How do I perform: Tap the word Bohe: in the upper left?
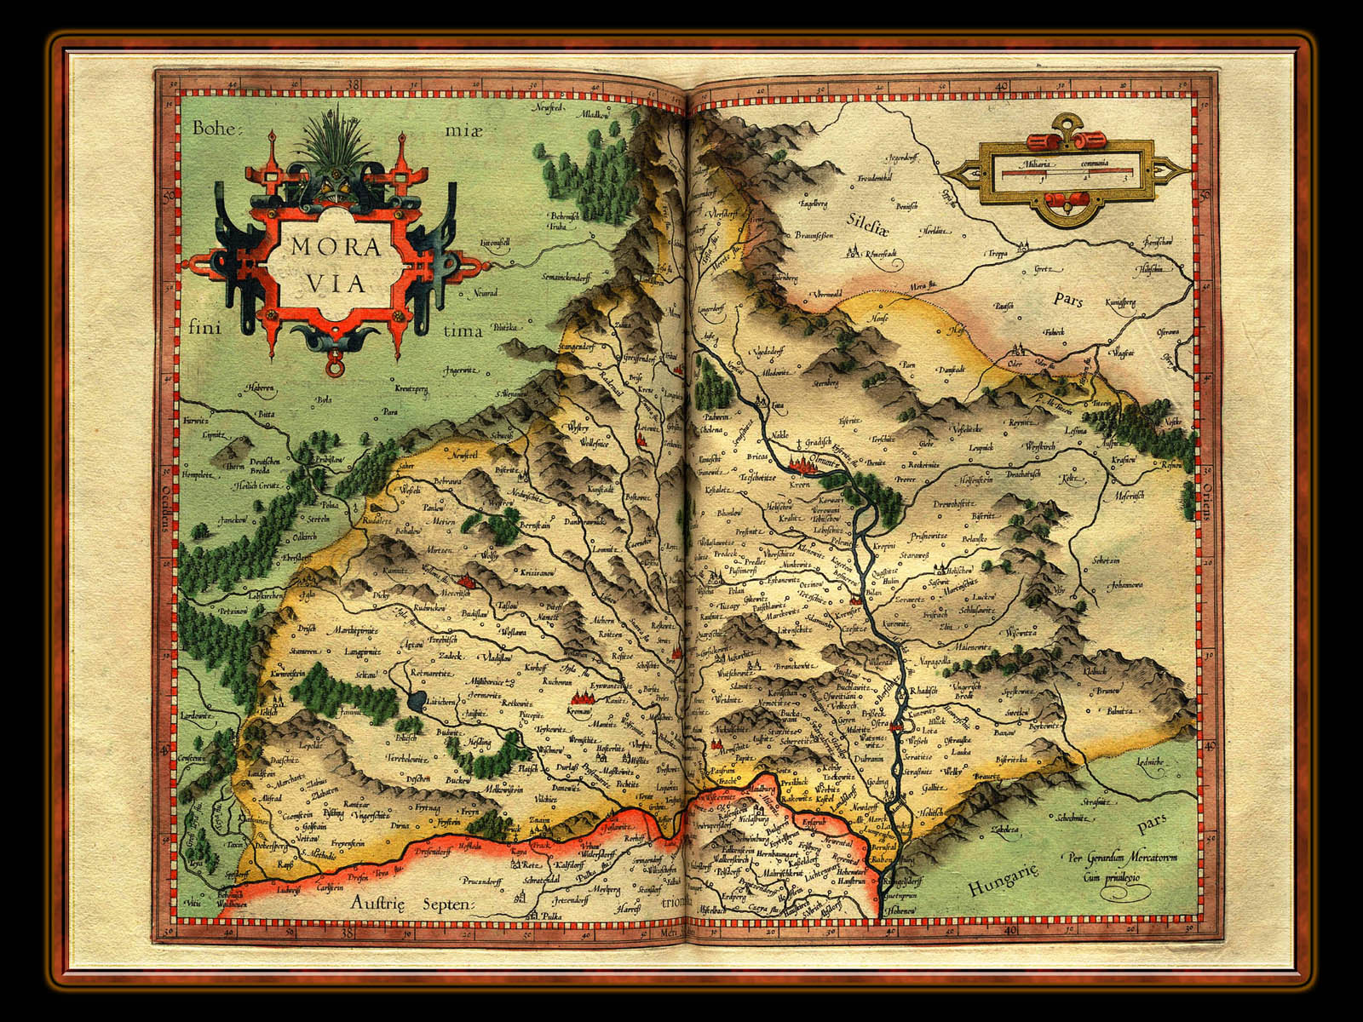pos(218,129)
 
